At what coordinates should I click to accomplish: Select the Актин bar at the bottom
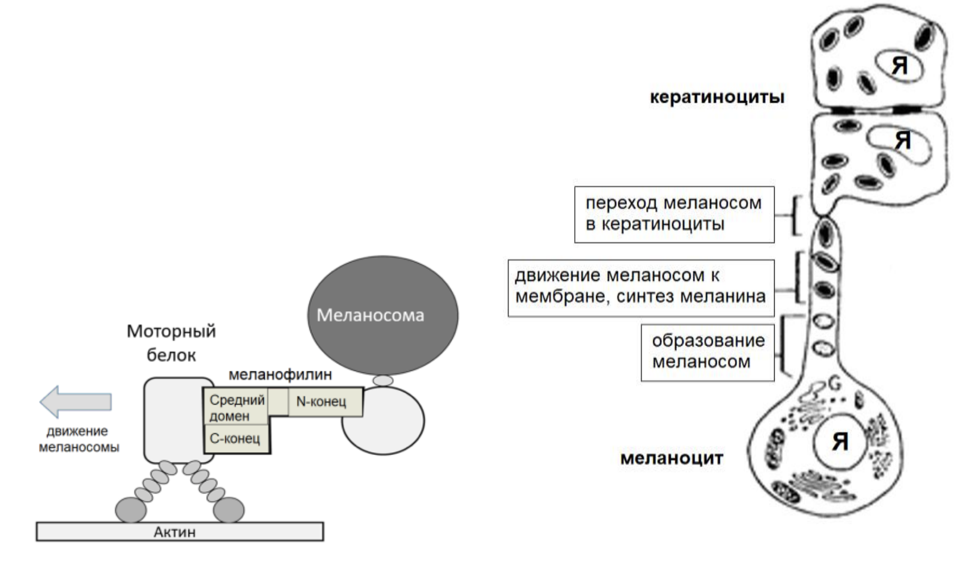point(180,531)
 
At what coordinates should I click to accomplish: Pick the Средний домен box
point(237,407)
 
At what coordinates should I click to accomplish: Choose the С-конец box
point(235,439)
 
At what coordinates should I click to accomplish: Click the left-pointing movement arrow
point(75,401)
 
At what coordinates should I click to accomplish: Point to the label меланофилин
point(280,375)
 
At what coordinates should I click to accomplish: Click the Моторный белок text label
point(171,343)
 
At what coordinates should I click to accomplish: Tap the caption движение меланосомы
point(79,439)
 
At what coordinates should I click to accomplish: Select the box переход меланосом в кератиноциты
point(674,214)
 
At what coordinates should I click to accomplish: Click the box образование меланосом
point(708,351)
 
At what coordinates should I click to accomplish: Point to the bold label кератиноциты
point(717,97)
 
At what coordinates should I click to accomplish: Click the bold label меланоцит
point(671,459)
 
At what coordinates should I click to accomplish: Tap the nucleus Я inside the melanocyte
point(840,442)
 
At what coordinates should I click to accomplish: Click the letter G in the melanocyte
point(834,382)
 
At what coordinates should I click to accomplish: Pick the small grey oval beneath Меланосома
point(383,381)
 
